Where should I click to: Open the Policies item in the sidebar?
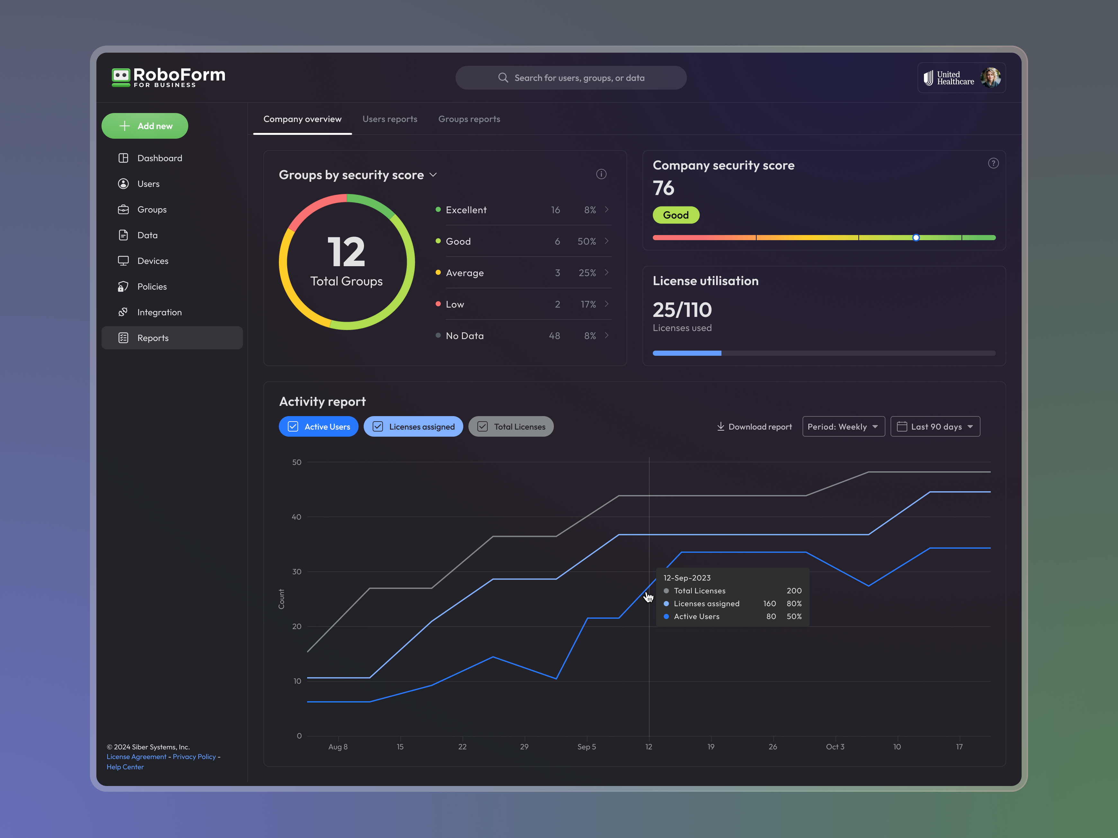coord(152,286)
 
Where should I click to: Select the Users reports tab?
coord(390,119)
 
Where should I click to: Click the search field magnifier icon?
coord(503,78)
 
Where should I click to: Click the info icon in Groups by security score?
coord(601,174)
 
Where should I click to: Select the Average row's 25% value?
coord(587,273)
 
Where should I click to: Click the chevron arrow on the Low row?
coord(607,304)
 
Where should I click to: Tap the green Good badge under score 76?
coord(676,215)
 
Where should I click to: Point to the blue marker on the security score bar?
coord(916,237)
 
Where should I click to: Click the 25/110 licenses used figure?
coord(682,310)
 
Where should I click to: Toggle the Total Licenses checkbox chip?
coord(511,427)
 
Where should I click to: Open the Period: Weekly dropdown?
coord(843,427)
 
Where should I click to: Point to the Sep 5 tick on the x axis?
coord(586,746)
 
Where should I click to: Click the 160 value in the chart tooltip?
coord(769,604)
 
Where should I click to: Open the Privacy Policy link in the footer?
coord(194,757)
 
